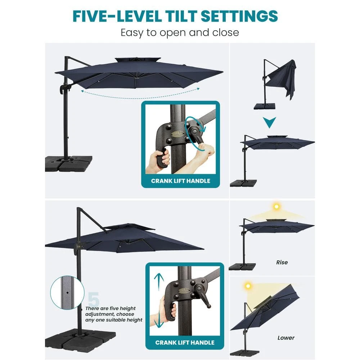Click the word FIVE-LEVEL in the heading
click(117, 16)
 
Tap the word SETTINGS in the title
click(239, 16)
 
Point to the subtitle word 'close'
click(225, 32)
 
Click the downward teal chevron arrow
click(269, 122)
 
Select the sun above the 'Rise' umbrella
click(276, 206)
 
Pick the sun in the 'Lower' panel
click(248, 286)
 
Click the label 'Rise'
click(282, 262)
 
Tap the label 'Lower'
click(286, 338)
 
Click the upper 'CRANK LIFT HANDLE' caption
click(180, 181)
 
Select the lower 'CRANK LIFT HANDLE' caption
click(185, 343)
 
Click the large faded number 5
click(94, 299)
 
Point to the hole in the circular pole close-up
click(67, 293)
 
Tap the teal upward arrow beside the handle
click(159, 282)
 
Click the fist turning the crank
click(205, 150)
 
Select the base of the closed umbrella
click(264, 106)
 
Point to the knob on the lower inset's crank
click(209, 306)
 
